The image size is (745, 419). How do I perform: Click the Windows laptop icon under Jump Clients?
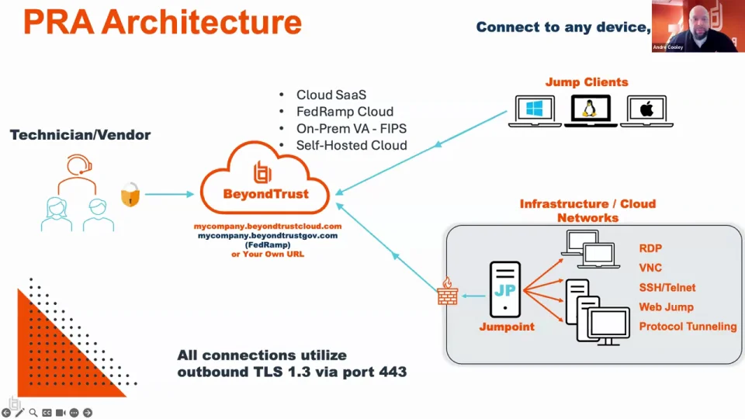point(535,111)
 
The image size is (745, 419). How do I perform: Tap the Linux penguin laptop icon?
point(591,111)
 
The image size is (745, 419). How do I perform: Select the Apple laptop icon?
point(647,111)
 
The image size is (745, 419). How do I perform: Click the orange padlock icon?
point(130,195)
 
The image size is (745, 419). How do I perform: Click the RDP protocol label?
point(651,249)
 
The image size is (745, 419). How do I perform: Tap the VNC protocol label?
point(650,268)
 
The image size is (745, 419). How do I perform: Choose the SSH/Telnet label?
point(667,288)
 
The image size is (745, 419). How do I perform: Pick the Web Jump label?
point(666,307)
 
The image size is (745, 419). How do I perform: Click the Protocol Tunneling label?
point(688,327)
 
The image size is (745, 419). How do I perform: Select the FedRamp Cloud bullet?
point(345,112)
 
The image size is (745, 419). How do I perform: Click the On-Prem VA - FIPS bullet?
point(351,128)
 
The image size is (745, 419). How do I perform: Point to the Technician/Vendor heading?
point(80,135)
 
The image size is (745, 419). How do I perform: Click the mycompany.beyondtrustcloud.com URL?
point(268,226)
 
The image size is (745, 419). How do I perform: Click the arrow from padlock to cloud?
point(168,194)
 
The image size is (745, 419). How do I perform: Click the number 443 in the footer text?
point(393,372)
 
